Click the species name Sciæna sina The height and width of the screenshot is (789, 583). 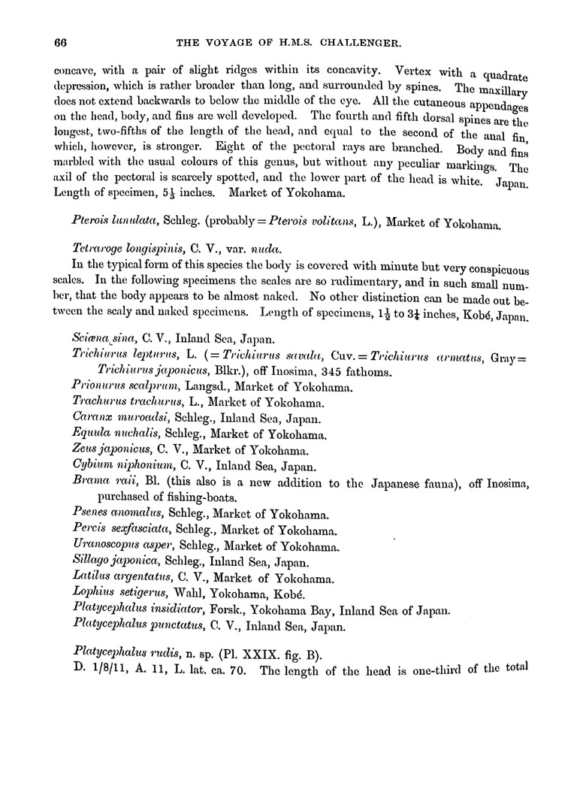pos(98,339)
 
